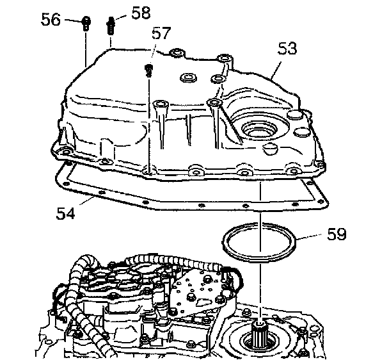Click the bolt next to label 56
tap(86, 24)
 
